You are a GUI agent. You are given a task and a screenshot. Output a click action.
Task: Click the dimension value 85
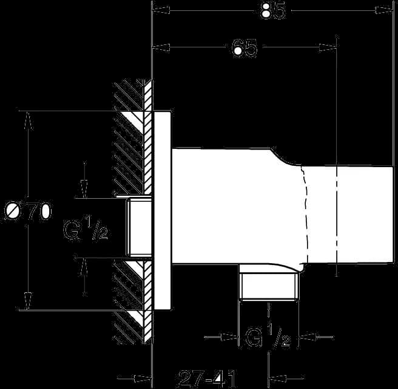(272, 11)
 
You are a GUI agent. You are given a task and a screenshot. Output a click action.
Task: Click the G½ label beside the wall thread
(86, 227)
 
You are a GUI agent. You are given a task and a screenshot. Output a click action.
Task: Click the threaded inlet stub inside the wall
(139, 227)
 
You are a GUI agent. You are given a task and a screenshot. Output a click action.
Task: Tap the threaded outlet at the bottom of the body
(269, 286)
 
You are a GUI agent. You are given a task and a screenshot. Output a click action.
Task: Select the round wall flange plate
(162, 210)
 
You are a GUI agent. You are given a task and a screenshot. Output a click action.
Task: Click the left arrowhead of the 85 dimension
(161, 10)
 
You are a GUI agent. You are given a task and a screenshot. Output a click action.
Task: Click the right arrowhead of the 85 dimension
(384, 10)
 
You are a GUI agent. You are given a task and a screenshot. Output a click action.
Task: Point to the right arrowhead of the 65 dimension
(328, 47)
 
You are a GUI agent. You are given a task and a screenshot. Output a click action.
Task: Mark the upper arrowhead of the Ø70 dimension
(29, 121)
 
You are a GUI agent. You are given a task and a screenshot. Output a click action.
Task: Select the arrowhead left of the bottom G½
(230, 337)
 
